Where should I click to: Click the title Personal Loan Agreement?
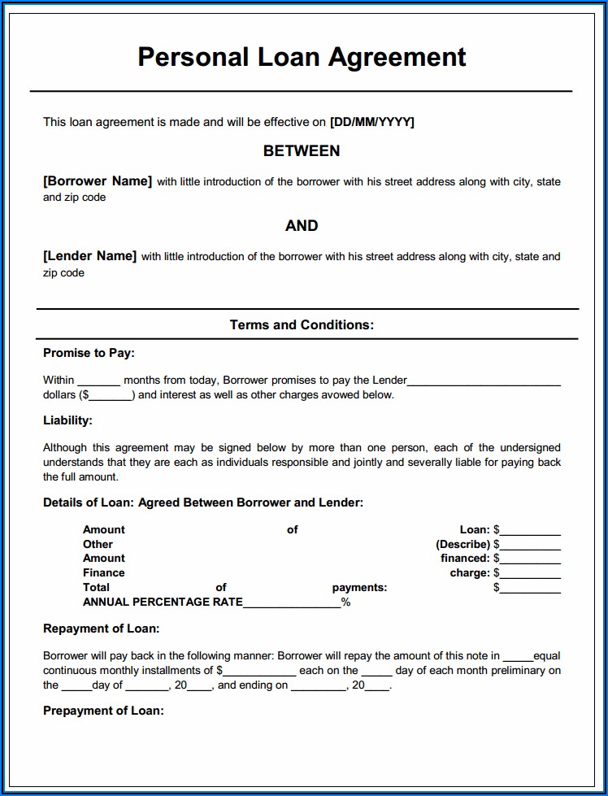302,57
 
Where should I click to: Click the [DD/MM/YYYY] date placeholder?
371,122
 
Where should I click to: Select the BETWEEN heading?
302,151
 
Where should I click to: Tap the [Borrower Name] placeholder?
98,181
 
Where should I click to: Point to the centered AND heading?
302,226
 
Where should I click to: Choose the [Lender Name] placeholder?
89,256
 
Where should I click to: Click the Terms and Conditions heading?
302,325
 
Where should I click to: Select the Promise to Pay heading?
89,353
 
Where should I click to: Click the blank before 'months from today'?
99,381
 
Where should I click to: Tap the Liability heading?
67,420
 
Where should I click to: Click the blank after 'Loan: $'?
530,531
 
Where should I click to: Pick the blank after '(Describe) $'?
530,546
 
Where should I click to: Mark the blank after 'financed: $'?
530,559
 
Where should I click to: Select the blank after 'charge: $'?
530,574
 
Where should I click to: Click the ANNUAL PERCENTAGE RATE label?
163,602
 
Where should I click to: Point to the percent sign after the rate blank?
345,602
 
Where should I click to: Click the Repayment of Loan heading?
101,629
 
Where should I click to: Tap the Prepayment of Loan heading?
103,711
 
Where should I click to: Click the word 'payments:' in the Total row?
359,587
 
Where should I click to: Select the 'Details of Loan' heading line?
203,502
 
